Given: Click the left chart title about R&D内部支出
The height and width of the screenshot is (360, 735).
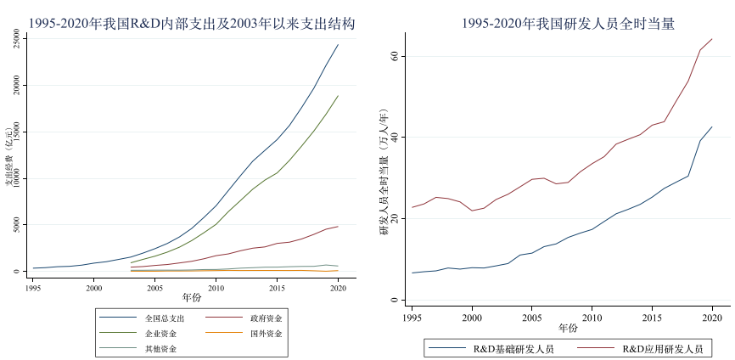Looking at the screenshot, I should (x=192, y=23).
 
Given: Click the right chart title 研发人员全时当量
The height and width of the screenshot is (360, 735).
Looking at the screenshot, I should (x=568, y=24).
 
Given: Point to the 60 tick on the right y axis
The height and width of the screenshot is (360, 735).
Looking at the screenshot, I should (x=394, y=56).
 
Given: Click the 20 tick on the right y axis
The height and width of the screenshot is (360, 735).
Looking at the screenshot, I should (x=394, y=218).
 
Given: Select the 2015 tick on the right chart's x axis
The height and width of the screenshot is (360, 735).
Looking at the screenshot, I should (x=652, y=317).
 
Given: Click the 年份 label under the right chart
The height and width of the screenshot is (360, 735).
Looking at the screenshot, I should (x=568, y=328).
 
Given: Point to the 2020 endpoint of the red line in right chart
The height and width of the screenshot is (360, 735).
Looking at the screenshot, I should (x=712, y=39).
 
